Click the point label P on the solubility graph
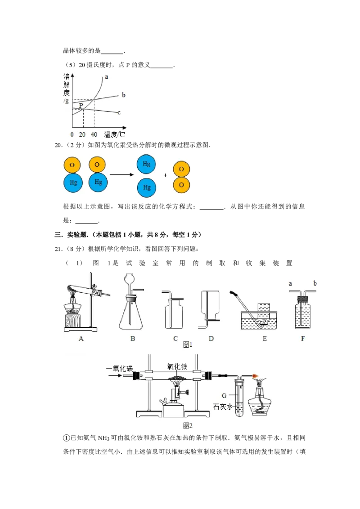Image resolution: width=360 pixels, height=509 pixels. [x=81, y=105]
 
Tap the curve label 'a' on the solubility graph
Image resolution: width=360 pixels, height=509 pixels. [x=106, y=77]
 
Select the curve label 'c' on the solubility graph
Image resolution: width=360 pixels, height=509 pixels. [x=119, y=113]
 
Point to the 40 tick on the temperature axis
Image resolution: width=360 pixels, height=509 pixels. [x=94, y=134]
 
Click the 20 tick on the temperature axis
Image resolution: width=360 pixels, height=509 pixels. [x=82, y=134]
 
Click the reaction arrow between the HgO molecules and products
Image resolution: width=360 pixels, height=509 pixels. [x=122, y=174]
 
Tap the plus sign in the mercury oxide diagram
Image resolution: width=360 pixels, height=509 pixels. [x=166, y=175]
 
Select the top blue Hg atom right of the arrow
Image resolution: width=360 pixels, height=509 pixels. [x=146, y=164]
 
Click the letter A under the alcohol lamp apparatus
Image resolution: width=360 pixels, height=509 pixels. [x=81, y=339]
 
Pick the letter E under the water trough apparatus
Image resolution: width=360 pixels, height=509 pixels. [x=265, y=339]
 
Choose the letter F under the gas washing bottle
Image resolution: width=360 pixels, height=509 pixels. [x=303, y=339]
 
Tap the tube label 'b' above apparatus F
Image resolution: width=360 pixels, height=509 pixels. [x=315, y=283]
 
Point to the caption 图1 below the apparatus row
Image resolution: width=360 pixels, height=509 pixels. [x=188, y=345]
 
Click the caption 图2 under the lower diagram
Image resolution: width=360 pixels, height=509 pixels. [x=188, y=425]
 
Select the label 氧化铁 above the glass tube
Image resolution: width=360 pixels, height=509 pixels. [x=177, y=367]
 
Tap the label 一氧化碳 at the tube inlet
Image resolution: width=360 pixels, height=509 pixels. [x=120, y=368]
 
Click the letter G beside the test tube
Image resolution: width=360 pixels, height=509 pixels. [x=224, y=396]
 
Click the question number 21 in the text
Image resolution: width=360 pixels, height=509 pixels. [x=58, y=249]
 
